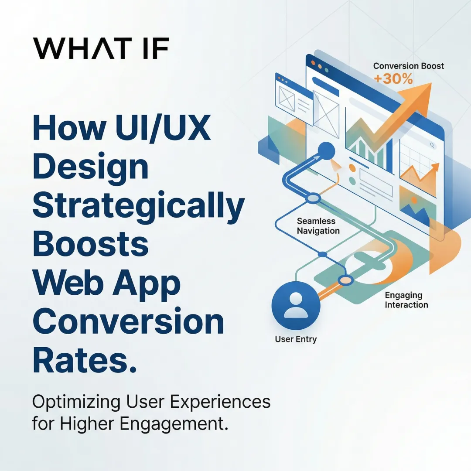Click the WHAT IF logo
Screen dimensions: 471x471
pyautogui.click(x=101, y=48)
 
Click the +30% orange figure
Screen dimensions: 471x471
pyautogui.click(x=392, y=79)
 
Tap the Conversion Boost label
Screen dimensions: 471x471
pyautogui.click(x=409, y=66)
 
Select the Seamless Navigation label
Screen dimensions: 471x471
pyautogui.click(x=318, y=226)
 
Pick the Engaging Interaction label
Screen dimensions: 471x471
pyautogui.click(x=406, y=300)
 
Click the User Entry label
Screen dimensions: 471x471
pyautogui.click(x=296, y=339)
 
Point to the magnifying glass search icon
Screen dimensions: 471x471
pyautogui.click(x=432, y=145)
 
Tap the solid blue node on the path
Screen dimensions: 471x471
pyautogui.click(x=326, y=151)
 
